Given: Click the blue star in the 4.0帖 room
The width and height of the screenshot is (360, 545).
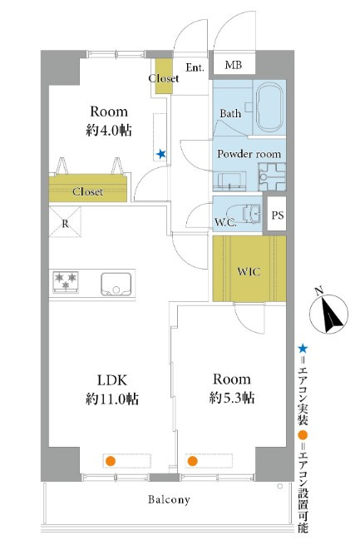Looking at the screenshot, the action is coord(160,154).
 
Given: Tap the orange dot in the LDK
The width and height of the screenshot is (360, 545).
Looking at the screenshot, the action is coord(111,461).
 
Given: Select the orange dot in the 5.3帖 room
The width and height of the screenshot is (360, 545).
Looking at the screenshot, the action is coord(192,461).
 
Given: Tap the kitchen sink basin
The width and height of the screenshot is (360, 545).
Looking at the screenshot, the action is coord(116,284).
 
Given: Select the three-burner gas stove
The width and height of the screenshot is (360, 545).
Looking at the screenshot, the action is coord(66,281).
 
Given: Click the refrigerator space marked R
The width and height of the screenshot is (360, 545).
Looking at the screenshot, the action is coord(65,222).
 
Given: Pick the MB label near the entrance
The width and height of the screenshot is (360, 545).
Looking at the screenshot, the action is coord(234,65).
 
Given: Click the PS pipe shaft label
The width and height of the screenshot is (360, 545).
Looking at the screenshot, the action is coord(278,216).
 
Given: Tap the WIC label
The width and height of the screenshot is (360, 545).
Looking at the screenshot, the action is coord(249,271).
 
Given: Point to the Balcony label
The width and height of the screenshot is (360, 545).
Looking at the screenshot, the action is coord(169,499).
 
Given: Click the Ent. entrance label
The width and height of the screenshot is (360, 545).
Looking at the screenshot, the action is coord(195,67).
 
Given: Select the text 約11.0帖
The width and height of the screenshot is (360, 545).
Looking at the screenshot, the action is coord(111,399).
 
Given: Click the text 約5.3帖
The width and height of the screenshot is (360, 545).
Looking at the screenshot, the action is coord(232,397).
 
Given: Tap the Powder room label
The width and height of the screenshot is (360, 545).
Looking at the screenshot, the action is coord(249,154).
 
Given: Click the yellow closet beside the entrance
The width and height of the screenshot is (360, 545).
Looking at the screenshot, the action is coord(164,76).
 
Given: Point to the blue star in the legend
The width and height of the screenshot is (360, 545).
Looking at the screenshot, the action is coord(303,349).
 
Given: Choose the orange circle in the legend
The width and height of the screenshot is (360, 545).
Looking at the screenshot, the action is coord(303,435).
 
